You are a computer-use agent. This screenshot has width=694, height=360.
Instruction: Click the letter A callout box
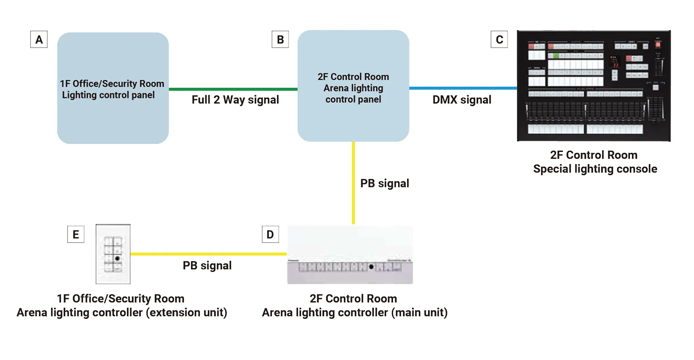coord(39,40)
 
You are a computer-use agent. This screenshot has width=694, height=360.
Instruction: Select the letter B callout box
coord(280,40)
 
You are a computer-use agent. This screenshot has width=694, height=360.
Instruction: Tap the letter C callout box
coord(499,40)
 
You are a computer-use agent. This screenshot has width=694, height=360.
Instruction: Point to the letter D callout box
coord(270,234)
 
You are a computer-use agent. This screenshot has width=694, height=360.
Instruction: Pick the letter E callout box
coord(76,234)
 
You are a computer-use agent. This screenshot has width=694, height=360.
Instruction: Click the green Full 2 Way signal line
coord(233,89)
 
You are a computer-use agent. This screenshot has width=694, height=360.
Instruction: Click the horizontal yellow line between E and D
coord(208,254)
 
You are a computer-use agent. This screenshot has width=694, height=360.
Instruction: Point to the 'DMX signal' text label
coord(462,100)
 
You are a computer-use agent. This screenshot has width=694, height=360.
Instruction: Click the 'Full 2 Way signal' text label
coord(235,100)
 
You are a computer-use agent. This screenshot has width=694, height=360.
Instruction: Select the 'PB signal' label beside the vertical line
coord(384,184)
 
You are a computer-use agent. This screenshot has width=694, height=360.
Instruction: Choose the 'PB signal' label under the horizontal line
coord(207,266)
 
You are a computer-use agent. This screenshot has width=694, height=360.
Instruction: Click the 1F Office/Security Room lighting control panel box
coord(113,88)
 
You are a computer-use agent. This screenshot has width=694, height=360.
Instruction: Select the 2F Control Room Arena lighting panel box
coord(353,86)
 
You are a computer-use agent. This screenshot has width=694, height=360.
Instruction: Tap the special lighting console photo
coord(593,86)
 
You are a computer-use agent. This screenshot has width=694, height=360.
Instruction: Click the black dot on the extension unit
coord(117,259)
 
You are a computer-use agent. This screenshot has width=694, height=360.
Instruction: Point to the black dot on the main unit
coord(371,266)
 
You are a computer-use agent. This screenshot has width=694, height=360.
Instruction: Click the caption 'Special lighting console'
coord(595,169)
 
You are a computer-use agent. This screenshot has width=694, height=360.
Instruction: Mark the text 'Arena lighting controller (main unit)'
coord(354,313)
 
